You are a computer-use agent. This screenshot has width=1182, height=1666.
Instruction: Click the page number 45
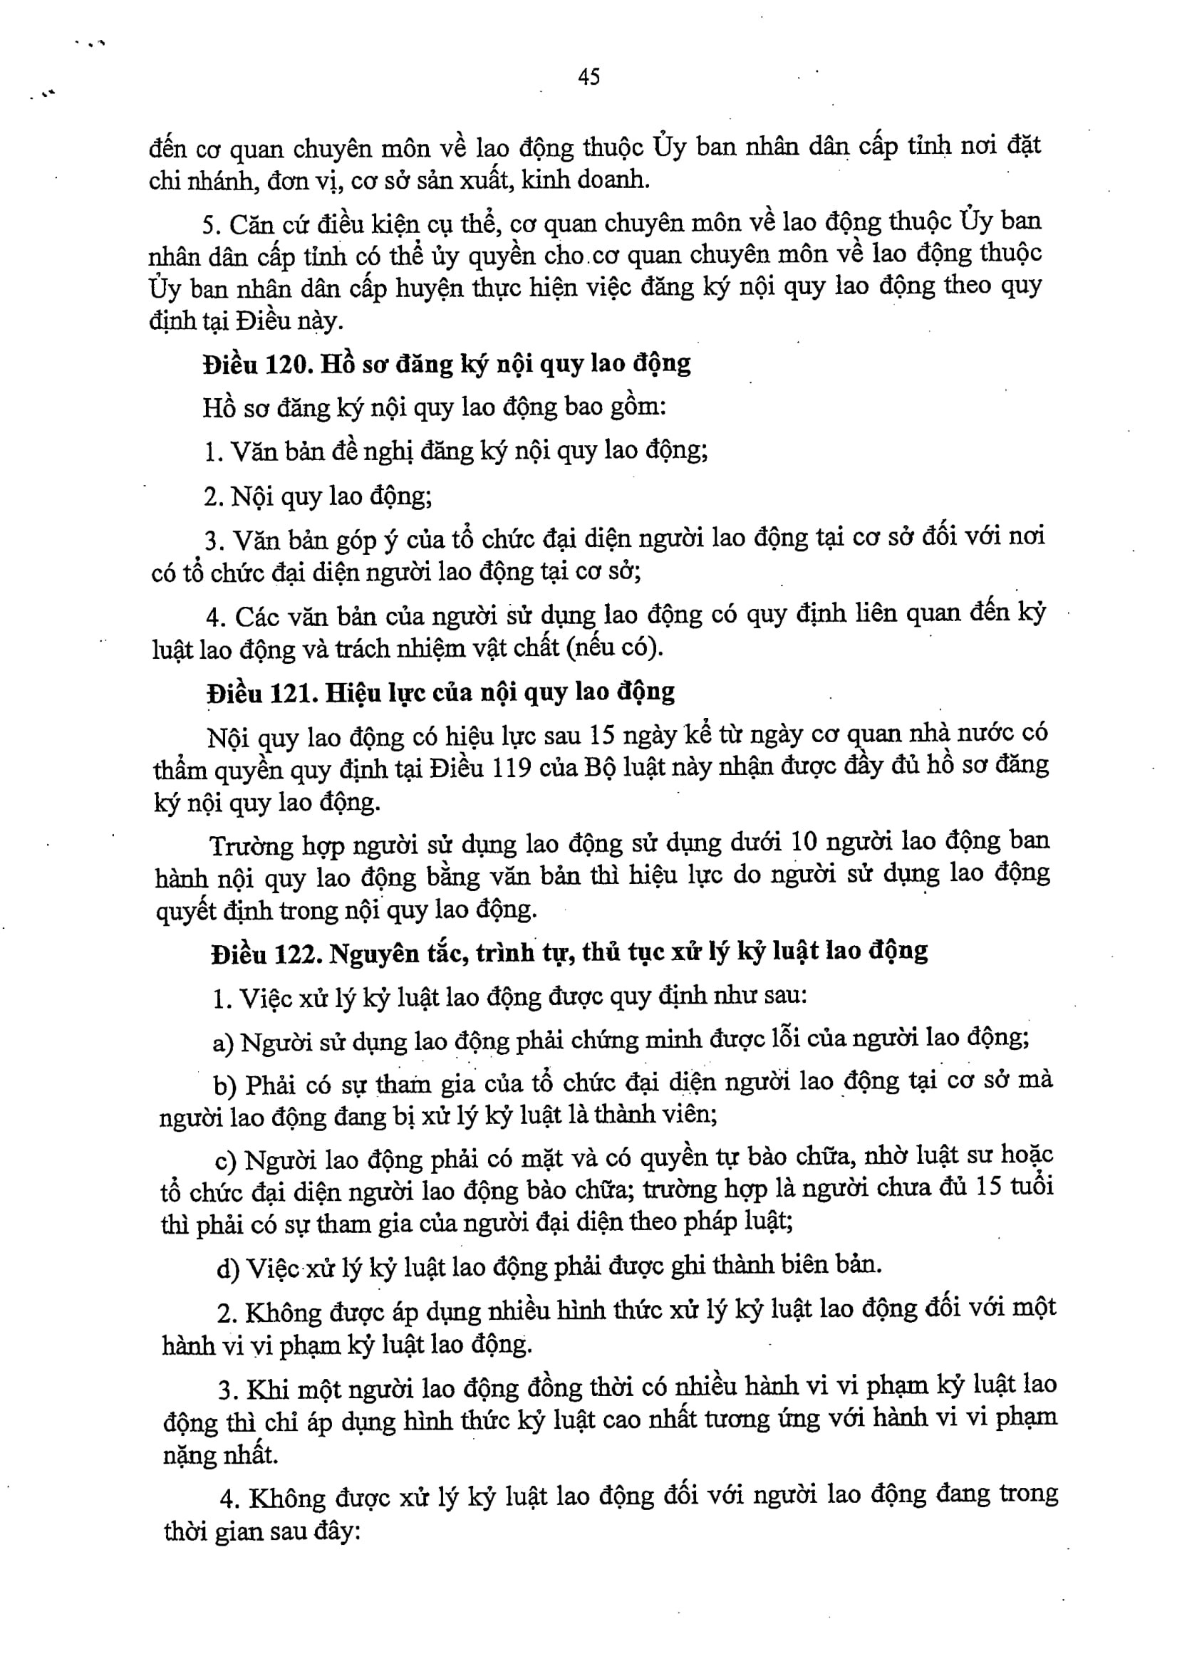click(x=589, y=76)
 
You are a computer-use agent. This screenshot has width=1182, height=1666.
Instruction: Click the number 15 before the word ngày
click(x=603, y=735)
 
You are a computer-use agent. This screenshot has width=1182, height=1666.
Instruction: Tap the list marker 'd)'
click(x=228, y=1269)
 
